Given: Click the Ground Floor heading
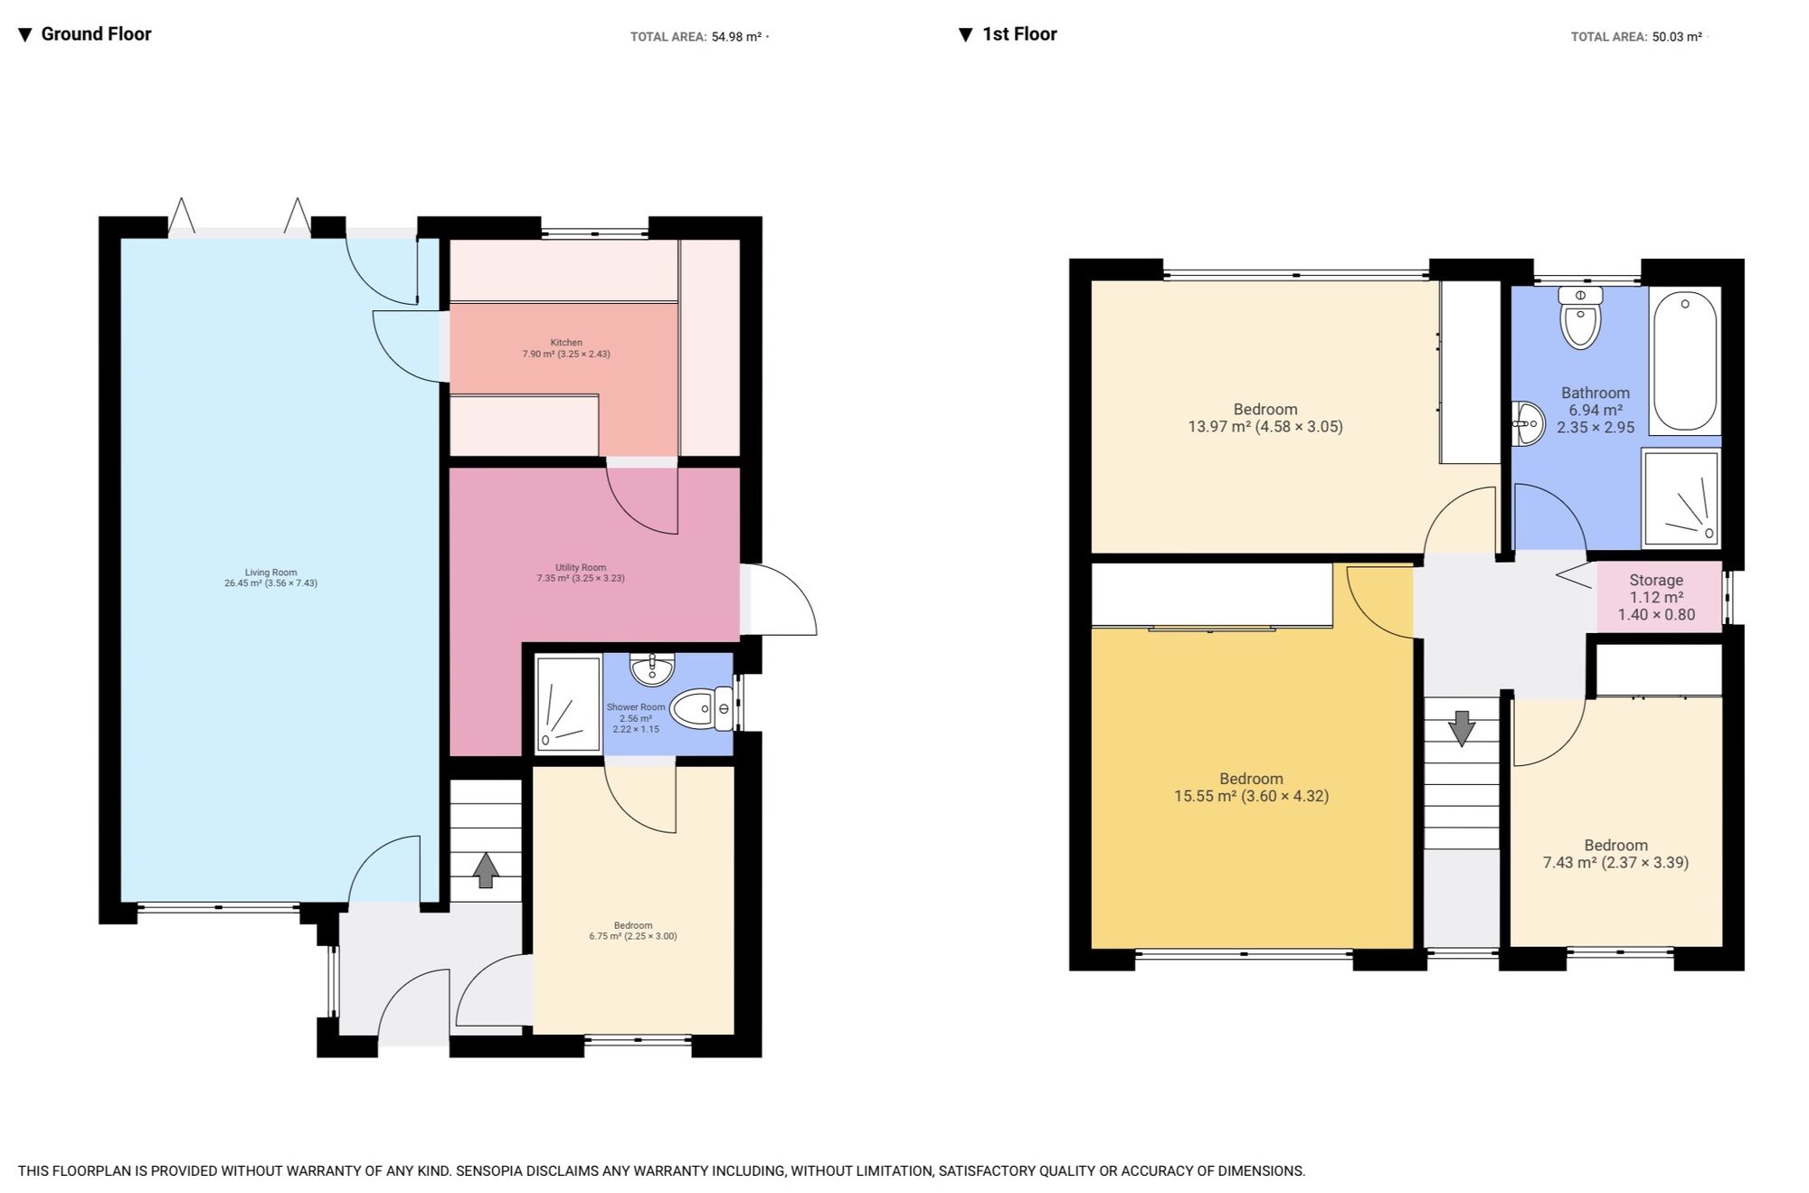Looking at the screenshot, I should [x=95, y=34].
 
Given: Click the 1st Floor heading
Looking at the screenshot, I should [x=1018, y=34].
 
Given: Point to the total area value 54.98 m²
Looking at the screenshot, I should [x=736, y=37].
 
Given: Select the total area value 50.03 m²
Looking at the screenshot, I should [x=1677, y=37].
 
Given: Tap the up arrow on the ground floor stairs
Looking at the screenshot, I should [x=486, y=869].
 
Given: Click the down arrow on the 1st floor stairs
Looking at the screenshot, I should [x=1462, y=728].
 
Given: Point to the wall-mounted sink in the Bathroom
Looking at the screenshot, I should [x=1529, y=423].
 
